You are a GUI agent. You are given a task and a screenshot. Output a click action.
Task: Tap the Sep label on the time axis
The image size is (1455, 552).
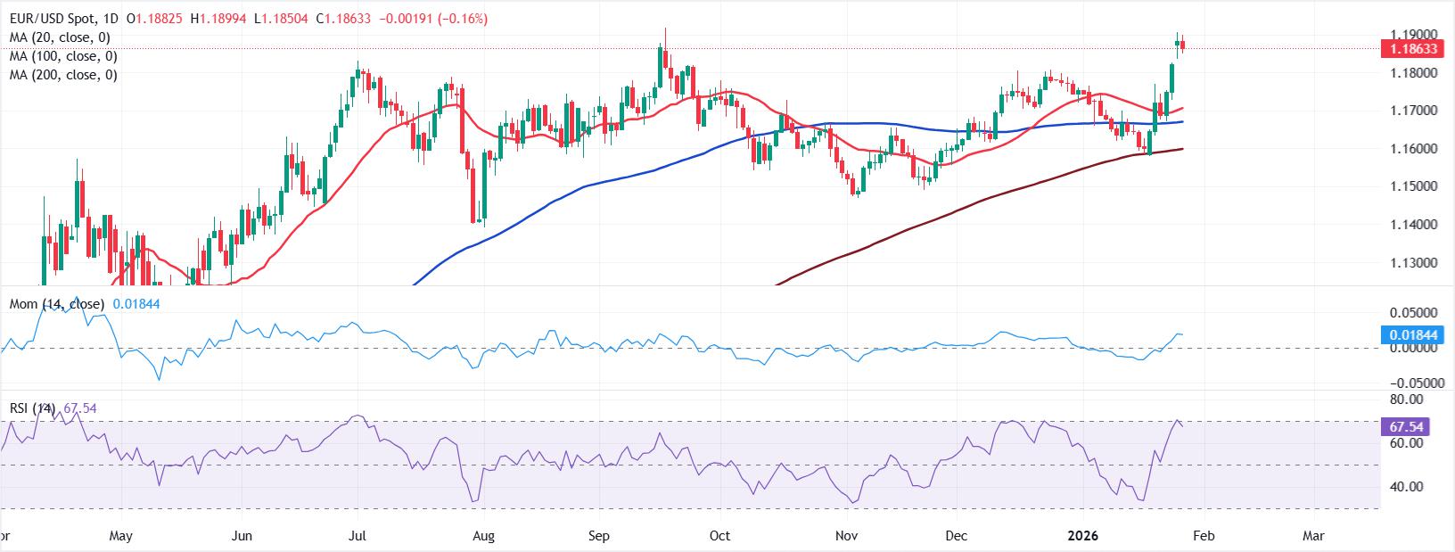(599, 536)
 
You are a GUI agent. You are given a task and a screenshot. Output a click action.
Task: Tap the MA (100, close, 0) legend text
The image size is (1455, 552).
(63, 56)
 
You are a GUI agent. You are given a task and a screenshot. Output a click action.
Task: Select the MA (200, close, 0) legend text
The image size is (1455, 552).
(63, 75)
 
